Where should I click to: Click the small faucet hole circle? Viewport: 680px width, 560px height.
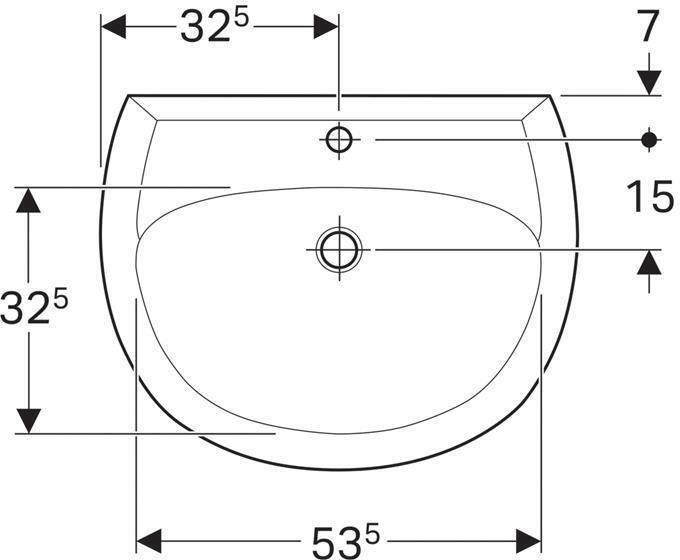click(x=340, y=139)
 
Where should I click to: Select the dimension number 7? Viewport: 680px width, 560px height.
click(x=649, y=26)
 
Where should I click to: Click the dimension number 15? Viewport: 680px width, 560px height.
click(x=650, y=196)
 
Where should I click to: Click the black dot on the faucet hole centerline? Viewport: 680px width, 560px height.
click(x=650, y=139)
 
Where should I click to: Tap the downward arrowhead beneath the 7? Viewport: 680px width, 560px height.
click(x=650, y=82)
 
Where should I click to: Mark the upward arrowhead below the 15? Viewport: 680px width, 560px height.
click(x=650, y=262)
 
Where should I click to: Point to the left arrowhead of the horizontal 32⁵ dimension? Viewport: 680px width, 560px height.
click(x=114, y=27)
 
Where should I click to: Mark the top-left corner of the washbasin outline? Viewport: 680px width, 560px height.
click(x=128, y=95)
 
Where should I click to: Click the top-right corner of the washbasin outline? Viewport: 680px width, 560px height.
click(x=551, y=95)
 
